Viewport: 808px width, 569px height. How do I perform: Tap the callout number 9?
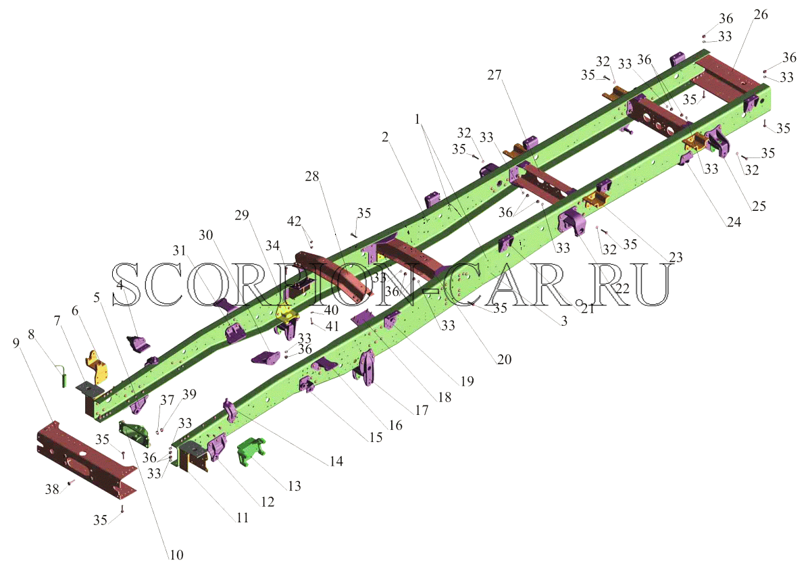point(16,343)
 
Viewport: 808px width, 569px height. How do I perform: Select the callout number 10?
point(176,555)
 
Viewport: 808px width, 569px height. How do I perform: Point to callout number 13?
point(295,486)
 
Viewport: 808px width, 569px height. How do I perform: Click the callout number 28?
point(311,177)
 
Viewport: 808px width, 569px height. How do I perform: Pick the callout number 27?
point(494,75)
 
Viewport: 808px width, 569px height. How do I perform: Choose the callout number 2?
point(385,137)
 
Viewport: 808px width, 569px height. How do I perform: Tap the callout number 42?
point(295,222)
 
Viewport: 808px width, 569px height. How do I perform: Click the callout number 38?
point(52,489)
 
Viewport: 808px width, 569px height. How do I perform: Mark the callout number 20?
point(504,360)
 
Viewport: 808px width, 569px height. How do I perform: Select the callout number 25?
point(759,206)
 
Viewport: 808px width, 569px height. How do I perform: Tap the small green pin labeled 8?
point(64,375)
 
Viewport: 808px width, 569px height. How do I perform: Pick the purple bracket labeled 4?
point(138,344)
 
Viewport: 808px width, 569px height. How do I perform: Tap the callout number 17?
point(421,410)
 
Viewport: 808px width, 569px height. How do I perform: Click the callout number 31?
point(179,251)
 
